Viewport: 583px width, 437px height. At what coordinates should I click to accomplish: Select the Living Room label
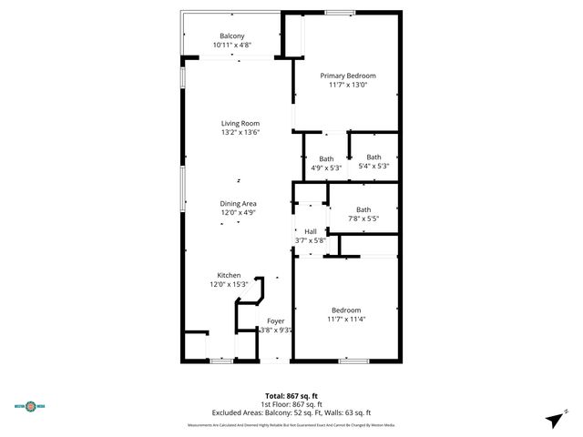(240, 124)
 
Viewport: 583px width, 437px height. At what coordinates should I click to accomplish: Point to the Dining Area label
(238, 203)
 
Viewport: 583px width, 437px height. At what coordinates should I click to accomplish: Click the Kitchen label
(229, 275)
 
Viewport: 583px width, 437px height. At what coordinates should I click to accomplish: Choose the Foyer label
(275, 321)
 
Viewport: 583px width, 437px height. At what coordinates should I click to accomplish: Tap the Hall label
(311, 231)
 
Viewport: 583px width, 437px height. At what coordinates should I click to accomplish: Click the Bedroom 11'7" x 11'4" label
(345, 310)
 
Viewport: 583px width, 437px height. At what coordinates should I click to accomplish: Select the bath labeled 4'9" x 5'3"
(325, 158)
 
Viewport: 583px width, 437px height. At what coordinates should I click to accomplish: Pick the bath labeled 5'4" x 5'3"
(373, 157)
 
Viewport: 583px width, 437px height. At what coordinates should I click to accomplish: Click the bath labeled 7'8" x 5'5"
(363, 209)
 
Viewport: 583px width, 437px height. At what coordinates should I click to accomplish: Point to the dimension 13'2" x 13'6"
(240, 133)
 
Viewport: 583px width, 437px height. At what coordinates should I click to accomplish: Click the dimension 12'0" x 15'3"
(229, 284)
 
